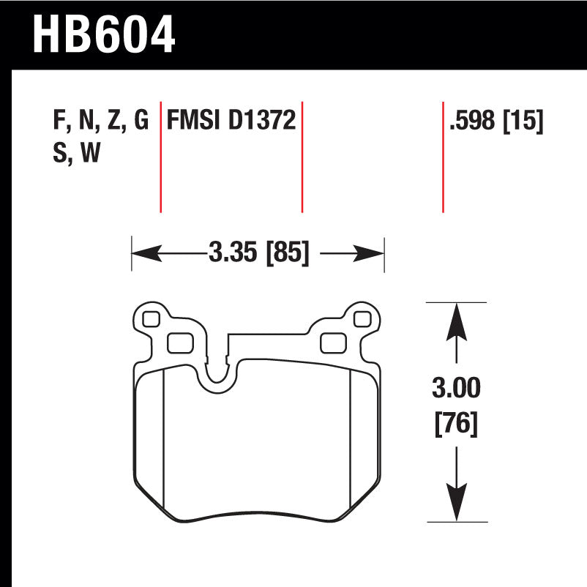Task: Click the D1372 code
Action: pos(262,120)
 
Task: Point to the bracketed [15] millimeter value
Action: pos(523,120)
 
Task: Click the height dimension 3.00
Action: pos(457,388)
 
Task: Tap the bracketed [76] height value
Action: pos(457,424)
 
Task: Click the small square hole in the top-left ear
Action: pos(150,318)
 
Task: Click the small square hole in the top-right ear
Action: pos(360,318)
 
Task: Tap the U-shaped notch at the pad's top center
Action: pos(217,373)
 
